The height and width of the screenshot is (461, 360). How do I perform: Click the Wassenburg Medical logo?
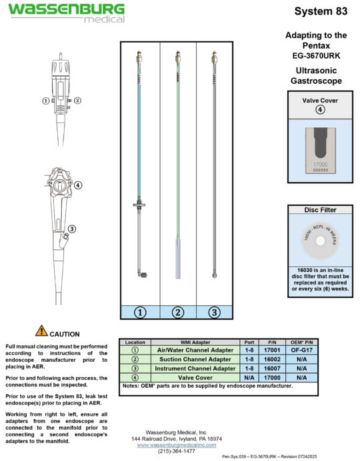point(66,12)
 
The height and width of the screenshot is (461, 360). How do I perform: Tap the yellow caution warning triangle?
point(41,331)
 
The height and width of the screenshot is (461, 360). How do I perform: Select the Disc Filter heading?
point(319,210)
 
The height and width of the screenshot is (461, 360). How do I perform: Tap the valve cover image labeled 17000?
point(319,150)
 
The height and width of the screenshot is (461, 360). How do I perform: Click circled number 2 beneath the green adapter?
point(177,311)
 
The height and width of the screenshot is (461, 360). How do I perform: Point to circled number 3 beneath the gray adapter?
point(214,311)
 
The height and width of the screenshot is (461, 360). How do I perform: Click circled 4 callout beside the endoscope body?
point(79,185)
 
